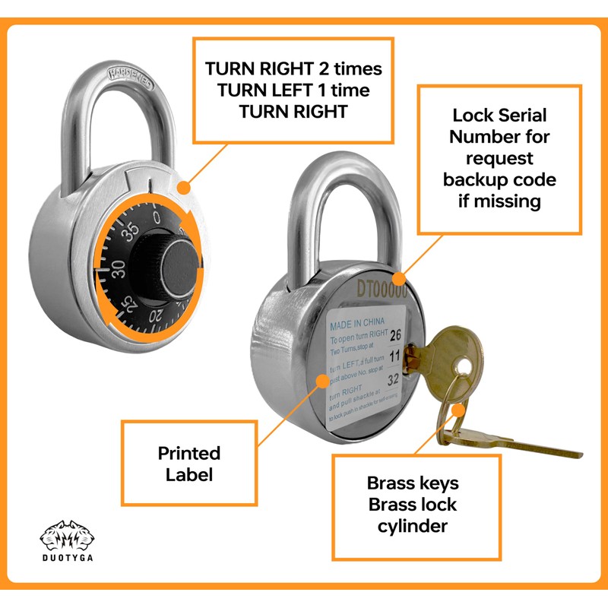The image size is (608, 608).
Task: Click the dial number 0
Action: pos(157,219)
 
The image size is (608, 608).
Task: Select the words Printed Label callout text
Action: pos(188,464)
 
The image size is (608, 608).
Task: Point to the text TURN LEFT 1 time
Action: pos(293,90)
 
